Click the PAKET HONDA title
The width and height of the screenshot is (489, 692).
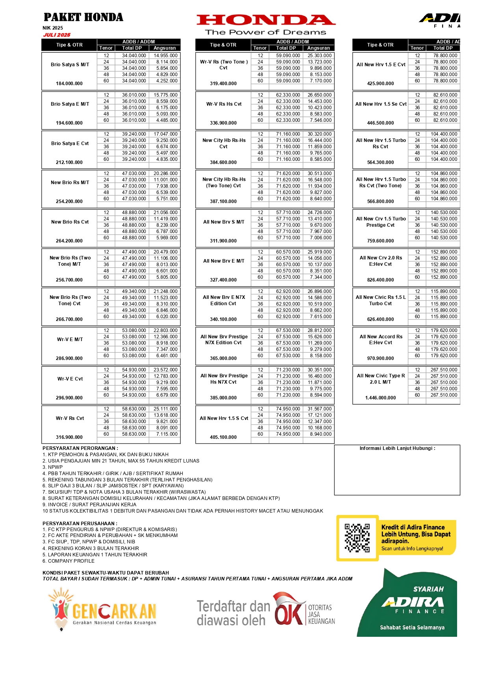(83, 17)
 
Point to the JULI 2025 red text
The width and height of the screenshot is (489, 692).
(57, 35)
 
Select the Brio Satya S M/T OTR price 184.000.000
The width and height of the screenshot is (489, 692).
(69, 84)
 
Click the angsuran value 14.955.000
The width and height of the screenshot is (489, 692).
(165, 56)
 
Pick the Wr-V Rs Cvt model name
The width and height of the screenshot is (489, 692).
(70, 418)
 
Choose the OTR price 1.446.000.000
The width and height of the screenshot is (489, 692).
(380, 398)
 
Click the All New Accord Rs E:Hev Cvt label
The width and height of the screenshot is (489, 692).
(381, 339)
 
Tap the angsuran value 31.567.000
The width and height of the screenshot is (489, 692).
(320, 409)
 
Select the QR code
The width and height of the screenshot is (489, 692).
(357, 538)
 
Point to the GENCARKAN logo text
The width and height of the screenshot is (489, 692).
(114, 612)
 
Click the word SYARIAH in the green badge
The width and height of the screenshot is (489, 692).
(428, 589)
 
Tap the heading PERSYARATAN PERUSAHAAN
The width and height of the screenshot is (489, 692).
(80, 524)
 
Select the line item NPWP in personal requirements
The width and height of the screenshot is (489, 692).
(55, 467)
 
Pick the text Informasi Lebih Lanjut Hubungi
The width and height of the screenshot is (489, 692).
(397, 448)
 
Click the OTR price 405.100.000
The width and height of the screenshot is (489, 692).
(223, 437)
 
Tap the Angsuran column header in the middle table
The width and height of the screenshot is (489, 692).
(318, 48)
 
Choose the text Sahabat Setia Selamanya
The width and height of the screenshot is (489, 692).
(412, 627)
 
